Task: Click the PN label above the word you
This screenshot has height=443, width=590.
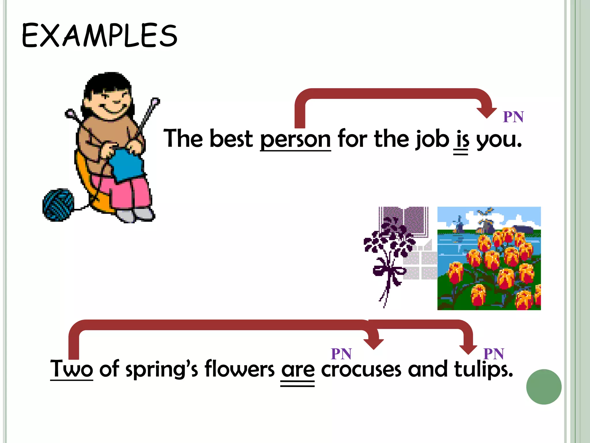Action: coord(513,117)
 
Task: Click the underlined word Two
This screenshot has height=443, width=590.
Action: coord(71,369)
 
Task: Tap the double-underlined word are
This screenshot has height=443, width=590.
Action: coord(298,370)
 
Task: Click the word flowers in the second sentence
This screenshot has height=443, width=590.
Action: coord(239,369)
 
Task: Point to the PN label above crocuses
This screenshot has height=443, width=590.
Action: coord(341,354)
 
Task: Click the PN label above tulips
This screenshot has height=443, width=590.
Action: coord(493,354)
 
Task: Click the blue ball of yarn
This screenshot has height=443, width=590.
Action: coord(58,205)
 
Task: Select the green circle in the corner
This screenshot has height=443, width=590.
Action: coord(544,387)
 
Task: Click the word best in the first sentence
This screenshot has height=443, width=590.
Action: coord(231,139)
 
